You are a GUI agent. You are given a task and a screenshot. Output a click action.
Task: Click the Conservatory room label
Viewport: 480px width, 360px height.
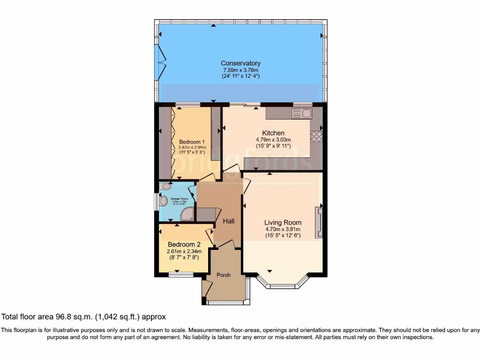[x=240, y=63]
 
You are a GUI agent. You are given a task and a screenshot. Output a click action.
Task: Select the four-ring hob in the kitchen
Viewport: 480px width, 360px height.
[x=316, y=136]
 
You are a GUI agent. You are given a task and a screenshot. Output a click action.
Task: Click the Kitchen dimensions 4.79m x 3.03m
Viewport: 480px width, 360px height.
[x=273, y=140]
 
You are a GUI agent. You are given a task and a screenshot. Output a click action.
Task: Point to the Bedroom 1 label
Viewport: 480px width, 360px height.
[x=192, y=142]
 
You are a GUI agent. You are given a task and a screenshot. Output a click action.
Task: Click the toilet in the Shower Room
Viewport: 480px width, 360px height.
[x=164, y=201]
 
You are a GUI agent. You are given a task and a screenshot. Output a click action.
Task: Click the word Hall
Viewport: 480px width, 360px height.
[x=228, y=221]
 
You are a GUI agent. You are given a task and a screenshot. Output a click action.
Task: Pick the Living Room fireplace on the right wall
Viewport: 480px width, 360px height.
[x=319, y=223]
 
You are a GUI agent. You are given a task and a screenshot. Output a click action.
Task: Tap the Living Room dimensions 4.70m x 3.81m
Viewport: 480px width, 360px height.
[x=283, y=229]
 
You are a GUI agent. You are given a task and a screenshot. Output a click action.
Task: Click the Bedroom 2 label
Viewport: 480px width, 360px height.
[x=184, y=245]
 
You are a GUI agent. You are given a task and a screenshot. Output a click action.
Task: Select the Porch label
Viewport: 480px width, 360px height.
[x=224, y=275]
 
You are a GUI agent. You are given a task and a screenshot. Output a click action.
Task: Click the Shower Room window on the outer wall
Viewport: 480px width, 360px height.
[x=157, y=202]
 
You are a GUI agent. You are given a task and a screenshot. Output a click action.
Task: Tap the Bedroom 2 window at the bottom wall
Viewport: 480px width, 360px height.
[x=181, y=276]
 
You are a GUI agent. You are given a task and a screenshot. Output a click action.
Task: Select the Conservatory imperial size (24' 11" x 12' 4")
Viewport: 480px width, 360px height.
[x=240, y=76]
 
